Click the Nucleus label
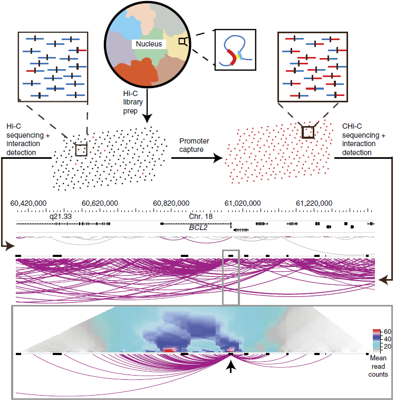click(x=149, y=44)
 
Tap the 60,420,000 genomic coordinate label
click(x=28, y=203)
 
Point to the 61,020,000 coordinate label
click(x=243, y=203)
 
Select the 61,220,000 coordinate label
click(x=314, y=203)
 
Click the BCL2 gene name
click(x=198, y=228)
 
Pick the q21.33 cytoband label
click(x=61, y=217)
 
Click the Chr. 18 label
click(x=201, y=216)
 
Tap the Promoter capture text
click(x=194, y=145)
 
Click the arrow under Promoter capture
click(x=197, y=158)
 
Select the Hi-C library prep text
click(x=133, y=102)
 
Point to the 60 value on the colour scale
click(x=387, y=332)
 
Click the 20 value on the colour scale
click(x=387, y=347)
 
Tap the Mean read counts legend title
click(x=378, y=366)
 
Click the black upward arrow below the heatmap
click(x=231, y=366)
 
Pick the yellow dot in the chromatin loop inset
click(x=237, y=56)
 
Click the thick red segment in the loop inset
click(x=232, y=57)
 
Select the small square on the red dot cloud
click(x=308, y=132)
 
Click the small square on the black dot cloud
click(x=81, y=150)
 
